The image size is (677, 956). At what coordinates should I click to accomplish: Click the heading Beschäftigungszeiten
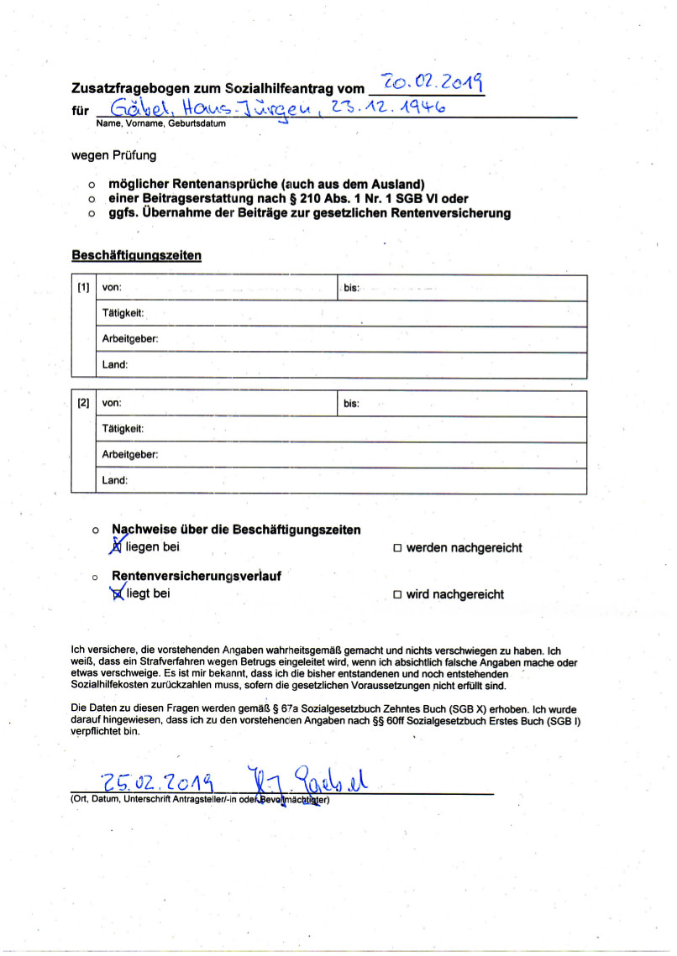point(137,255)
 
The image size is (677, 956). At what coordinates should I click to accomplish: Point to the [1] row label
point(83,288)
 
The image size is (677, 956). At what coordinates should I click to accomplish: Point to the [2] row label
point(83,404)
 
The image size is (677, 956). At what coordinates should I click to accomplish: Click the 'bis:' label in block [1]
point(351,289)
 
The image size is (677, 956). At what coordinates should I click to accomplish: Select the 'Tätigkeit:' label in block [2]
point(123,429)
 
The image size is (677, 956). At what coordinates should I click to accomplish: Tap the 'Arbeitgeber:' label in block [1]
point(129,339)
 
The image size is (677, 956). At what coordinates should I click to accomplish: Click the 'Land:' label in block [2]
point(114,481)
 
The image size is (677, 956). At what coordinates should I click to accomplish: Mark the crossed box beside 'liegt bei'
point(118,594)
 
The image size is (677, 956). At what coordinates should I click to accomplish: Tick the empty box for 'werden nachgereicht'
point(398,549)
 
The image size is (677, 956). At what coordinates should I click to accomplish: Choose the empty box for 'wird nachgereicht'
point(398,595)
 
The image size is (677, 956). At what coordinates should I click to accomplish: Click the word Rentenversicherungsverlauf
point(196,577)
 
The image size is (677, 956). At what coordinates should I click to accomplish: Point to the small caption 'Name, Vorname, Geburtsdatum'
point(160,123)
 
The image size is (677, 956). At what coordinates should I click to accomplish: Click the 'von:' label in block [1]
point(112,288)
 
